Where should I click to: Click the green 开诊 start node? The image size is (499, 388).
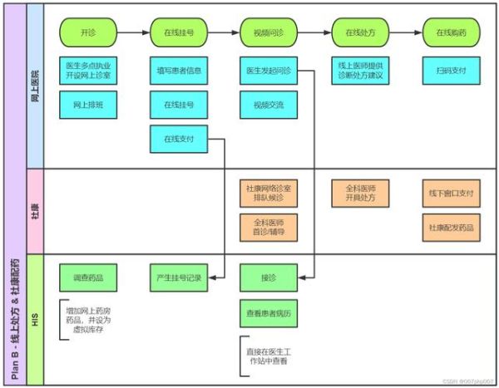tap(88, 33)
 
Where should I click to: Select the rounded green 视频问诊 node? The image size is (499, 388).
tap(269, 33)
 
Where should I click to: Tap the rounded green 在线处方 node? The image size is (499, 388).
tap(358, 33)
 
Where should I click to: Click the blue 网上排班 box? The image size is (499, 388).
tap(88, 105)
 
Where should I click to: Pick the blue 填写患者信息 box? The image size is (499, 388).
tap(178, 70)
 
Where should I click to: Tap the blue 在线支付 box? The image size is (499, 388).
tap(178, 139)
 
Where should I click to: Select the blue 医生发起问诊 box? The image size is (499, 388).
tap(267, 70)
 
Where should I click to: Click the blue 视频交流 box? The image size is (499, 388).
tap(267, 105)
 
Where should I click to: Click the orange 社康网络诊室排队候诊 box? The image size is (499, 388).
tap(267, 194)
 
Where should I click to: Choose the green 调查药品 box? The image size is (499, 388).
tap(88, 277)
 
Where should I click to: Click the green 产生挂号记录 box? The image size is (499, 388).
tap(178, 277)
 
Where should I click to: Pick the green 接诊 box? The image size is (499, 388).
tap(267, 277)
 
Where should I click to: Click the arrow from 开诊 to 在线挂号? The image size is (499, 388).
tap(133, 33)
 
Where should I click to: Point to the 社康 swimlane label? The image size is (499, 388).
tap(35, 212)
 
